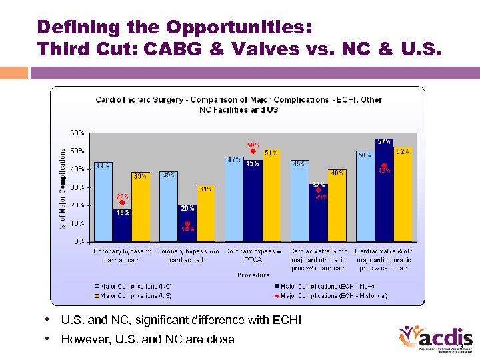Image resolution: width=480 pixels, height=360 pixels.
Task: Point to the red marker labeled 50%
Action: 253,151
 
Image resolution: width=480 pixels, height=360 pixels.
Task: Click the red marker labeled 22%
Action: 122,203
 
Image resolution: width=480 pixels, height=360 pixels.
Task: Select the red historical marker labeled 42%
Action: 384,166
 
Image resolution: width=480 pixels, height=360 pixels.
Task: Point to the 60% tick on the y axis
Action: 77,132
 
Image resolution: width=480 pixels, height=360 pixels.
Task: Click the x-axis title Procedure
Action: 253,275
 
